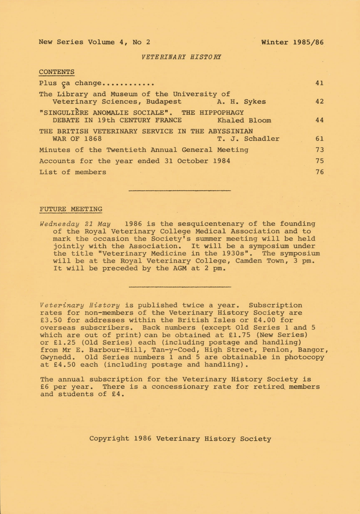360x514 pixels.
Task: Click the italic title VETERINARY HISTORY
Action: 181,57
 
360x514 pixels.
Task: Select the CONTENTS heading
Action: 57,72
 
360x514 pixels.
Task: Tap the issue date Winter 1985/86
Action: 292,42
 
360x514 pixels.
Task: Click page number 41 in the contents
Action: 319,83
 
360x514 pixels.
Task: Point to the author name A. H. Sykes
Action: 241,102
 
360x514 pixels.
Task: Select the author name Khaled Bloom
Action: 244,120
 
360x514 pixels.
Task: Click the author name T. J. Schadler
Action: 248,139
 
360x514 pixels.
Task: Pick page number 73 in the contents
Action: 319,150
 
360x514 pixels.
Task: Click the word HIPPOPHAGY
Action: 222,113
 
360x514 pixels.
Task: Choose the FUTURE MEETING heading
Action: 71,209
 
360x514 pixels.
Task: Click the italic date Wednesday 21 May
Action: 75,224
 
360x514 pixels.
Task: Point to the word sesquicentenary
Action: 209,224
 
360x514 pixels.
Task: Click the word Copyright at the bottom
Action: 109,439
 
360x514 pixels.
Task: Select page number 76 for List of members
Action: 319,172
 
